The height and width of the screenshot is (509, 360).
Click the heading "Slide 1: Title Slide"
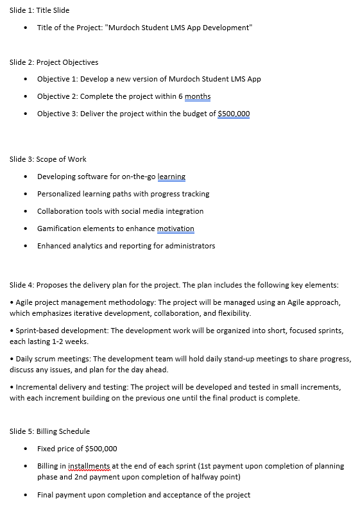[40, 10]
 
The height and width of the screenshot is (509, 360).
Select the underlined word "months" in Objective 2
[198, 96]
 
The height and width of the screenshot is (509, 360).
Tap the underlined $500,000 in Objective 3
[234, 114]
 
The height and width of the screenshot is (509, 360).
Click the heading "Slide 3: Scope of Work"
[48, 159]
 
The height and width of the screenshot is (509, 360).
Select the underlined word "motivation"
[176, 229]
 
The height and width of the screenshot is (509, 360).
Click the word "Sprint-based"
[36, 331]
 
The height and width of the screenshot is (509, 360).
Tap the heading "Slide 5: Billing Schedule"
[49, 431]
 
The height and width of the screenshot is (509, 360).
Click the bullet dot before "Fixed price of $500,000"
[25, 449]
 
